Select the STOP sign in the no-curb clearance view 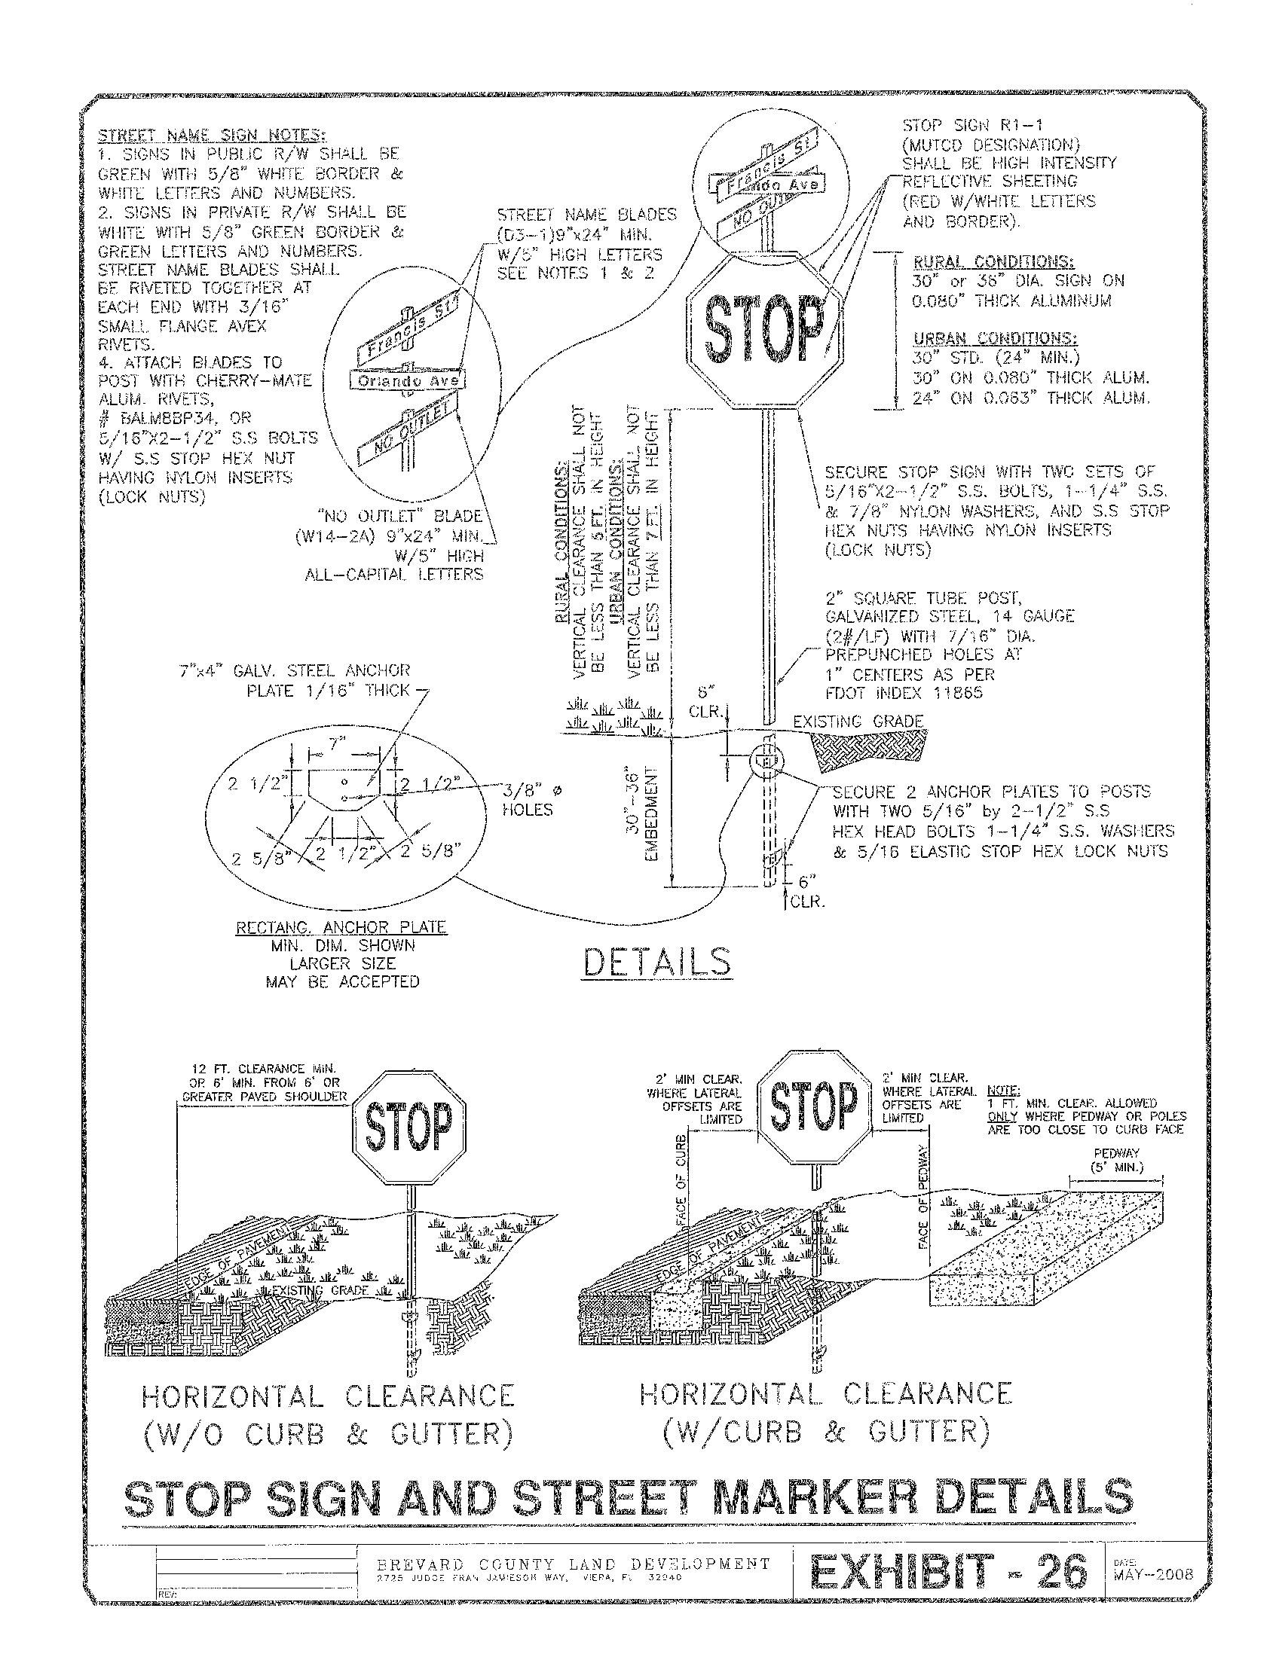[x=409, y=1126]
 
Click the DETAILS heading [x=657, y=962]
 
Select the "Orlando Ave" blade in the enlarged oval [x=408, y=381]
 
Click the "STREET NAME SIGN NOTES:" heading [x=212, y=136]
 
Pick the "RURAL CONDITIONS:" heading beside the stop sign [x=993, y=263]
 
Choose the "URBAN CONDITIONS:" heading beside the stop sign [x=994, y=338]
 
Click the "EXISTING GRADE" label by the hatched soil [x=858, y=722]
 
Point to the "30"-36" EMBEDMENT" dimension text [x=641, y=812]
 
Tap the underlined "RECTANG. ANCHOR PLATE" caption [x=341, y=927]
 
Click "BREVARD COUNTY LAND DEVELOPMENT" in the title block [x=573, y=1564]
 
